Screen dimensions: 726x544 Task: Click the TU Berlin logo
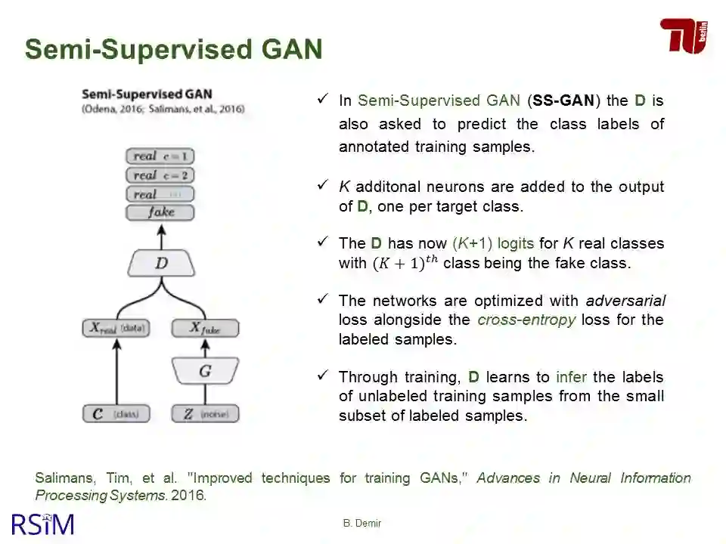point(684,36)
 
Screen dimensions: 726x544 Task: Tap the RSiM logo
point(43,524)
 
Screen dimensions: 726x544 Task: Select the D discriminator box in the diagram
point(161,264)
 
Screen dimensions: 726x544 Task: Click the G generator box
point(205,371)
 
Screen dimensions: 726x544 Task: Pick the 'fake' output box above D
point(160,212)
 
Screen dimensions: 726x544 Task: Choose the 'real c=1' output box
point(160,156)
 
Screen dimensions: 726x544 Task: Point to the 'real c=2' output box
point(160,175)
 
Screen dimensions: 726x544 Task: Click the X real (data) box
point(116,328)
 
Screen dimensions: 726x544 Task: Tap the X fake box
point(205,328)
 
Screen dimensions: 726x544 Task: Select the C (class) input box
point(116,414)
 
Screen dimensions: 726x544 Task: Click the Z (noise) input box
point(205,414)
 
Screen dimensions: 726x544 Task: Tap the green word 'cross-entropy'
point(526,320)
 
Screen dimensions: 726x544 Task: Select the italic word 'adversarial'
point(625,301)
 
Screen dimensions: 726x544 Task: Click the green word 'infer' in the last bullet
point(571,377)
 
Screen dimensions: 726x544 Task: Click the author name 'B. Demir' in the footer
point(362,523)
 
